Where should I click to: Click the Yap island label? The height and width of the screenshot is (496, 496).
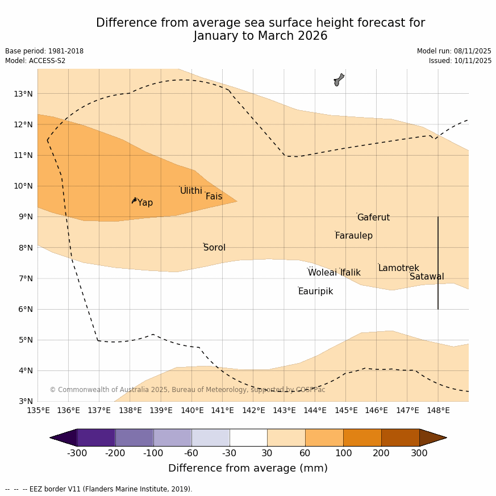pos(145,203)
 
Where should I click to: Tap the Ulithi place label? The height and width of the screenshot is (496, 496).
pos(191,191)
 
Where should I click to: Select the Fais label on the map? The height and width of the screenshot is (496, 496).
pos(214,197)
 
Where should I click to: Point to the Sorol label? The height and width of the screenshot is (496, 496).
pos(214,248)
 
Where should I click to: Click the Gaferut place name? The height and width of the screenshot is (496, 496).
pos(373,218)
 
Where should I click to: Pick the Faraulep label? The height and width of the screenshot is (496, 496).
pos(353,236)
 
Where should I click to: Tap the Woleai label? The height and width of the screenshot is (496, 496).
pos(322,273)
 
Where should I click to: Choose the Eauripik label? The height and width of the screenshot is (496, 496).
pos(315,291)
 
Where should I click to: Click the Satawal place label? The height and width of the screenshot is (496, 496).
pos(427,277)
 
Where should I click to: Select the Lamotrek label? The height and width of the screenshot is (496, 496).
pos(398,268)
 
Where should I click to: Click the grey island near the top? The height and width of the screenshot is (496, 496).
pos(339,80)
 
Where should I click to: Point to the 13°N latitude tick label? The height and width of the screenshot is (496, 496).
pos(23,94)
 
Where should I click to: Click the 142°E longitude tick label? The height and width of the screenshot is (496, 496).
pos(253,410)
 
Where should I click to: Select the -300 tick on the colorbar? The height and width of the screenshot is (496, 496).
pos(77,453)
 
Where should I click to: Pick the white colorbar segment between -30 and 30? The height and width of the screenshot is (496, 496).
pos(248,437)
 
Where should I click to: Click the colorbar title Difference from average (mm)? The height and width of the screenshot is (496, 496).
pos(248,468)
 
